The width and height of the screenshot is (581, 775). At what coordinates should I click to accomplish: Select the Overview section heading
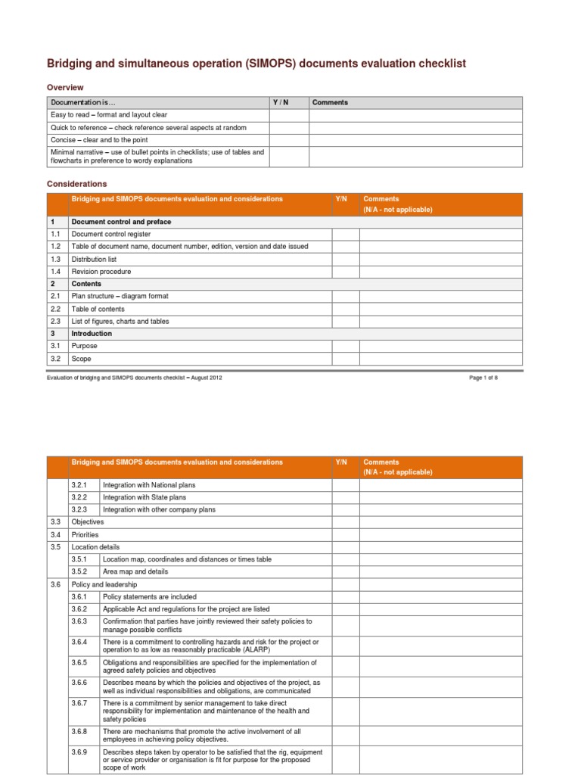pyautogui.click(x=65, y=88)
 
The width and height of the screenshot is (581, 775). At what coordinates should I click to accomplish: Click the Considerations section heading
pyautogui.click(x=77, y=184)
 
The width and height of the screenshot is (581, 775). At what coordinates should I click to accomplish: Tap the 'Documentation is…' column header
pyautogui.click(x=84, y=102)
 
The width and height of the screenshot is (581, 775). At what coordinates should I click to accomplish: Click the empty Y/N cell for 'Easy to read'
pyautogui.click(x=290, y=115)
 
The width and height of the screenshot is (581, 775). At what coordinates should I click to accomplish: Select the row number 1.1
pyautogui.click(x=55, y=235)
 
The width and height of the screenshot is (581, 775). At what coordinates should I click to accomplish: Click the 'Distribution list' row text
pyautogui.click(x=94, y=259)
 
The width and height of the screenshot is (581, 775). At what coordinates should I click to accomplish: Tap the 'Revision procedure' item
pyautogui.click(x=101, y=272)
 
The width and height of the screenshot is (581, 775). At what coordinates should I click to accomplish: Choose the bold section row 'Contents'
pyautogui.click(x=86, y=284)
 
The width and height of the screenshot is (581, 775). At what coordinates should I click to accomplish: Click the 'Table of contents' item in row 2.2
pyautogui.click(x=98, y=309)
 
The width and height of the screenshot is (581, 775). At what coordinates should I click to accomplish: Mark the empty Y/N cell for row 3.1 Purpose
pyautogui.click(x=345, y=346)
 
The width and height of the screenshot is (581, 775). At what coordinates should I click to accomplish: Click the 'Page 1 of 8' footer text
pyautogui.click(x=483, y=377)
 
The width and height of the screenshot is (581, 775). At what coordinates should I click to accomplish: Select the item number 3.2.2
pyautogui.click(x=79, y=497)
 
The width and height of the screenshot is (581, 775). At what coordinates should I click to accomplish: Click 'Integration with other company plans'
pyautogui.click(x=159, y=509)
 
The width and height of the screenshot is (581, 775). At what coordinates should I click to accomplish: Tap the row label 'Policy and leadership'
pyautogui.click(x=104, y=584)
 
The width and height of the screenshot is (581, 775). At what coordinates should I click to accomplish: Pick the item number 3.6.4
pyautogui.click(x=79, y=642)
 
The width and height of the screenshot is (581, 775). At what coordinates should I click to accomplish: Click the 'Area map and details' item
pyautogui.click(x=135, y=571)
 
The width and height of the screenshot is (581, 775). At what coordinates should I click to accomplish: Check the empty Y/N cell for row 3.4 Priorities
pyautogui.click(x=345, y=534)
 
